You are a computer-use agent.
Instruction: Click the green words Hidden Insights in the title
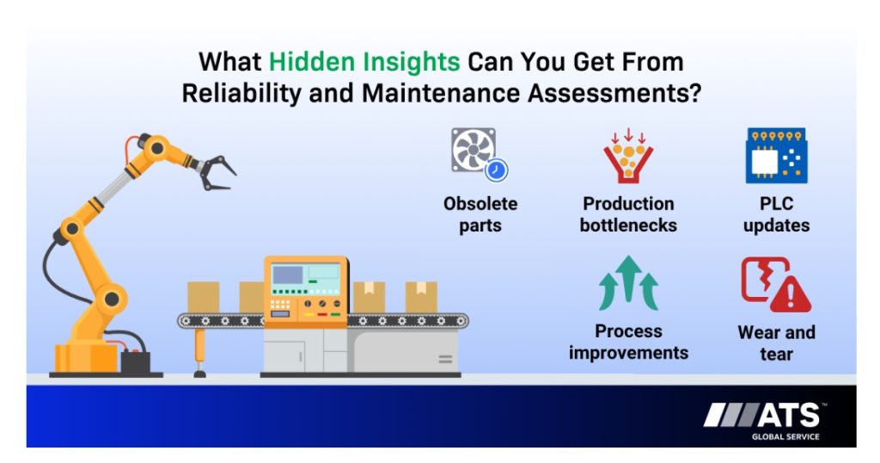click(364, 62)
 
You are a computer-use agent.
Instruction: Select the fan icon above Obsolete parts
click(474, 150)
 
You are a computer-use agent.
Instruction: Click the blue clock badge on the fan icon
click(496, 170)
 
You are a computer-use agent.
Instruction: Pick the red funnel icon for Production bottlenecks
click(628, 156)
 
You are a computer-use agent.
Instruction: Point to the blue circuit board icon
click(776, 156)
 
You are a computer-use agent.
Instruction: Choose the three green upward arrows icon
click(628, 284)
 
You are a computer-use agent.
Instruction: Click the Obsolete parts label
click(480, 214)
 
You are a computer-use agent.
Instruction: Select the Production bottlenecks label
click(628, 214)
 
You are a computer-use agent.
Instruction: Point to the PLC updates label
click(776, 214)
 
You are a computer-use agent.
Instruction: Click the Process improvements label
click(628, 342)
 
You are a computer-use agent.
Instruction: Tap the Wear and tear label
click(776, 343)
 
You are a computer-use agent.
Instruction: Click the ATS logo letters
click(789, 416)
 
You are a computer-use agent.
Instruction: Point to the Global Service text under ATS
click(785, 436)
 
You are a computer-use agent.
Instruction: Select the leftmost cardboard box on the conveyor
click(203, 297)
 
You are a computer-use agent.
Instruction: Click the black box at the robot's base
click(135, 361)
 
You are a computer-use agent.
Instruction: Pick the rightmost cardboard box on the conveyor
click(421, 297)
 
